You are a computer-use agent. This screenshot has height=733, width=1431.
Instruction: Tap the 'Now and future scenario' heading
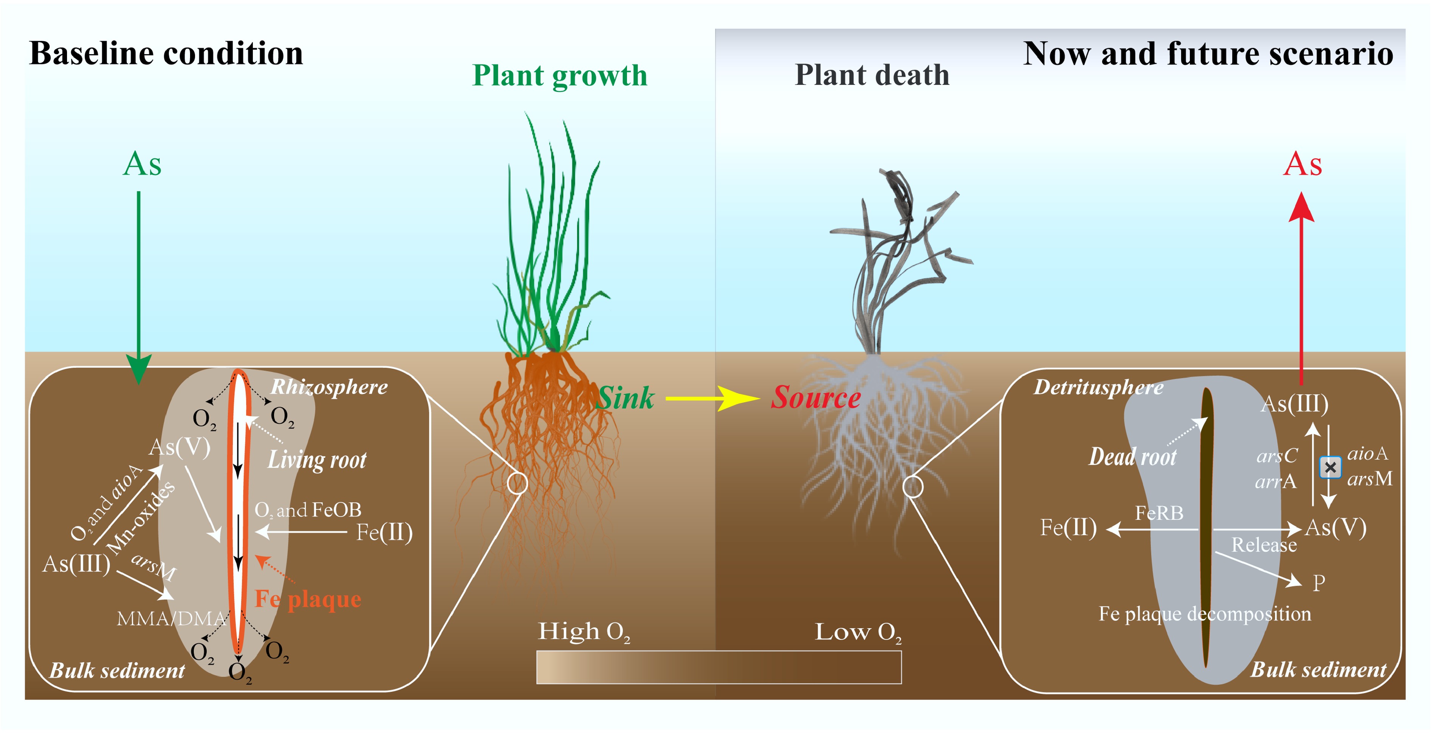1208,54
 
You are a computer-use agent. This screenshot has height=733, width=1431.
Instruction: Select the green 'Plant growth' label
560,76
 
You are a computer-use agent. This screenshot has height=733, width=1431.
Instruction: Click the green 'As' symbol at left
142,164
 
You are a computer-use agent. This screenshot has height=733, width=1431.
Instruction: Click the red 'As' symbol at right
1302,164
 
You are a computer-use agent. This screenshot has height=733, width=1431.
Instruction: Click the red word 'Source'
815,398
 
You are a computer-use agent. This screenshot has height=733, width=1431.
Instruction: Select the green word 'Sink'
625,398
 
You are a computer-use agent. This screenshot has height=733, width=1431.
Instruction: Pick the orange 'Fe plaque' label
308,599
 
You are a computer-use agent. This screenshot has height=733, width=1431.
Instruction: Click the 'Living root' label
316,460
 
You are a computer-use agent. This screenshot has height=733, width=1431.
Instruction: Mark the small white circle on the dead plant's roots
913,487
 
